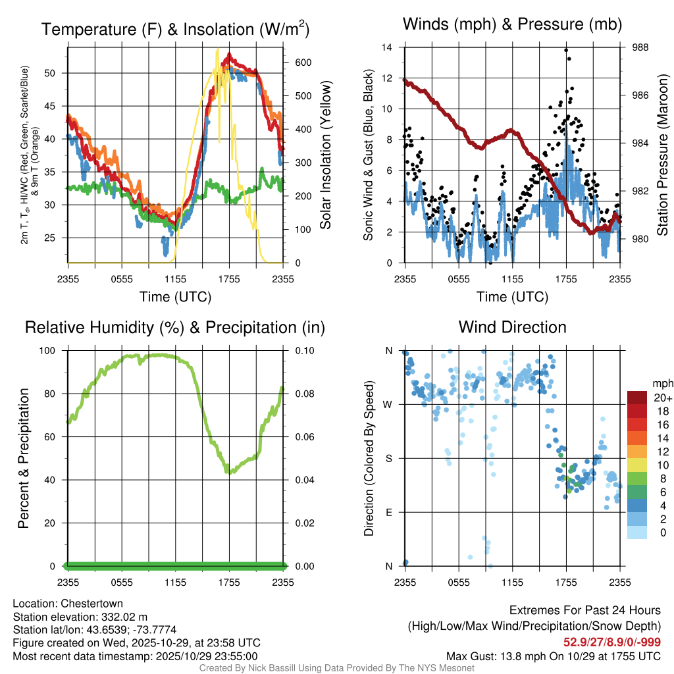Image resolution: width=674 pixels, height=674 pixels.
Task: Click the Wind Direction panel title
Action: (512, 327)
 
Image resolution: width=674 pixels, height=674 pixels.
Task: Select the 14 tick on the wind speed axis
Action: (387, 47)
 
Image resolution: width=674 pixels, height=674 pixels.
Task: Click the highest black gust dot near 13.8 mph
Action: (566, 50)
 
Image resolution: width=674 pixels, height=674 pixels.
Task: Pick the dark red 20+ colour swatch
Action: (637, 398)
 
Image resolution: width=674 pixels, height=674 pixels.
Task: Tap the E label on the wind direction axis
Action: (389, 512)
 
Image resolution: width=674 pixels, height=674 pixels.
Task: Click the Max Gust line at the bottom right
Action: (554, 656)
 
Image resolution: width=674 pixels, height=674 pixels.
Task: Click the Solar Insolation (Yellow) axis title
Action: (325, 155)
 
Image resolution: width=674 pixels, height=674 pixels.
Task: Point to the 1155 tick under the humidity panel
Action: (175, 583)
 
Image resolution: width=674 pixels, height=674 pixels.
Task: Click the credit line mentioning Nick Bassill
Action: (336, 668)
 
